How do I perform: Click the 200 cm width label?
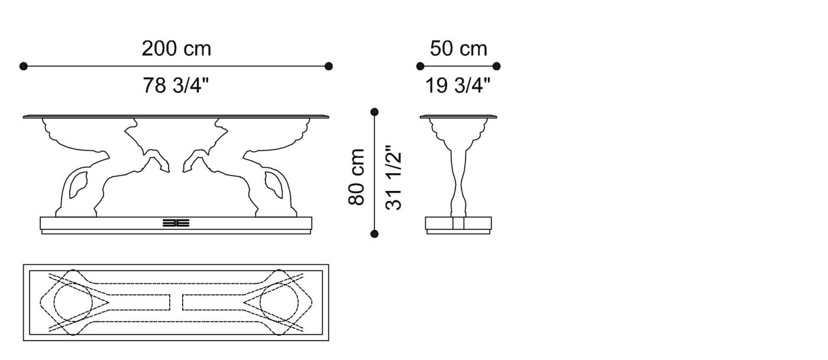(176, 48)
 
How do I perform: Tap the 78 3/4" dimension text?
(176, 86)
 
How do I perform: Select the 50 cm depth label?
(458, 48)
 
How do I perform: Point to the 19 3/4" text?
(458, 86)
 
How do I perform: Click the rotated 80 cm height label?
(356, 177)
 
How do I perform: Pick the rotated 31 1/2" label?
(394, 177)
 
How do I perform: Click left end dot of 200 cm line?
(24, 66)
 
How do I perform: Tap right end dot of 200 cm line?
(329, 66)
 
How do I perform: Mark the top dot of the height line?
(374, 111)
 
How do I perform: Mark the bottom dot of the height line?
(374, 234)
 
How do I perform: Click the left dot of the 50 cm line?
(421, 66)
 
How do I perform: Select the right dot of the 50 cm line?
(497, 66)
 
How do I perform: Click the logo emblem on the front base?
(176, 223)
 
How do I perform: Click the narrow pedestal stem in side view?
(459, 177)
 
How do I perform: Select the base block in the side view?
(459, 223)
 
